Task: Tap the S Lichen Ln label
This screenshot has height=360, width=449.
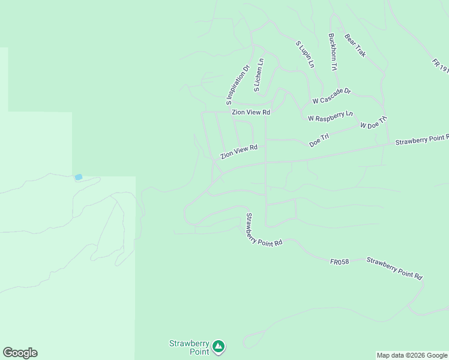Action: click(258, 75)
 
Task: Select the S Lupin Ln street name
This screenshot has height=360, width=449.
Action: click(305, 54)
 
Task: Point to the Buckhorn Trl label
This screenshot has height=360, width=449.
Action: click(333, 52)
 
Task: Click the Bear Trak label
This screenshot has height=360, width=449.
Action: click(355, 46)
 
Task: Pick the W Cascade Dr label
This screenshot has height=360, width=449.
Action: click(331, 96)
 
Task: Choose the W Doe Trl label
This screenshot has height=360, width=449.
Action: click(374, 122)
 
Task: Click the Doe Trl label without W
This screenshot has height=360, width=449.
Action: click(319, 140)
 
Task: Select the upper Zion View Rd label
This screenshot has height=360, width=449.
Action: click(251, 112)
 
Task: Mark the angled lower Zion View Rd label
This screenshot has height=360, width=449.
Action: click(238, 152)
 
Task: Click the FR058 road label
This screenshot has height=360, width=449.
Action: click(339, 262)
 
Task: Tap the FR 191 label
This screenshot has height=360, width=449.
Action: click(440, 66)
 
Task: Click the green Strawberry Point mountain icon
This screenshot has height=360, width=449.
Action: click(219, 346)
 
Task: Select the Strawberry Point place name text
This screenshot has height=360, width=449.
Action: click(188, 347)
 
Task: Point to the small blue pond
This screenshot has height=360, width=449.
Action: click(78, 177)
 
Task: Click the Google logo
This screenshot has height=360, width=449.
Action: click(20, 353)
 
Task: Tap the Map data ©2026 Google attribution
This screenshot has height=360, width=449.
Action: click(412, 355)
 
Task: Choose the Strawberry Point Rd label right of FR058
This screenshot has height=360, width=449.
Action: click(394, 268)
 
